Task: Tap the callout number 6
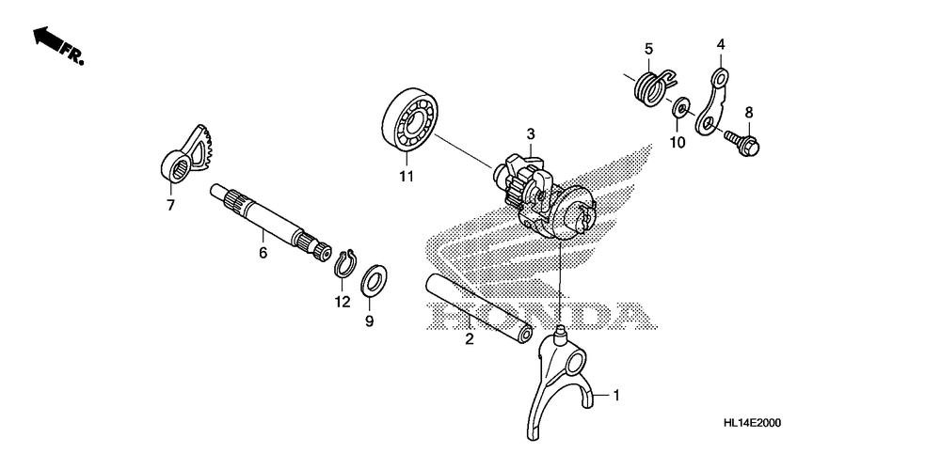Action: pos(263,253)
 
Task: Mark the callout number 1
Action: pos(616,395)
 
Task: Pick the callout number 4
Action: pos(721,44)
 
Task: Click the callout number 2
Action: pos(468,341)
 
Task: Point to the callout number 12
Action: pos(341,302)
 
